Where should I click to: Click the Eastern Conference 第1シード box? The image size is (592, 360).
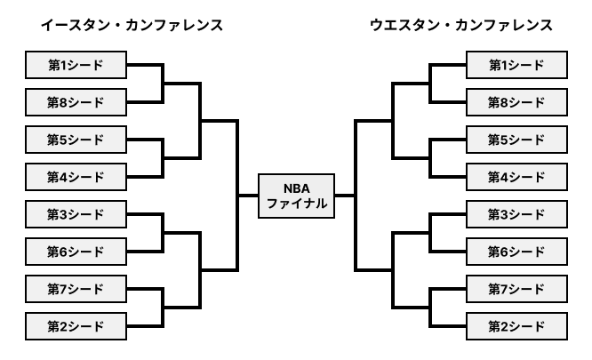pyautogui.click(x=76, y=65)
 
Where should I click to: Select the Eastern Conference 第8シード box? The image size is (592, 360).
pyautogui.click(x=76, y=102)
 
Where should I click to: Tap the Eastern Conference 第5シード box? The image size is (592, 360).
pyautogui.click(x=76, y=140)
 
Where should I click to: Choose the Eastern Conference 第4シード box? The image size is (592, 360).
pyautogui.click(x=76, y=177)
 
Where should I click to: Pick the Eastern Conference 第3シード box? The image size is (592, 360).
pyautogui.click(x=76, y=214)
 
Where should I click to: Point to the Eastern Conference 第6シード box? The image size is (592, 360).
pyautogui.click(x=76, y=252)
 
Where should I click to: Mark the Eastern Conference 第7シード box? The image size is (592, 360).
pyautogui.click(x=76, y=289)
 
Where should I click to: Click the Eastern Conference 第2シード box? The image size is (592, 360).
pyautogui.click(x=76, y=326)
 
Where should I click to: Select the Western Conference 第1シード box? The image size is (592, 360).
pyautogui.click(x=516, y=65)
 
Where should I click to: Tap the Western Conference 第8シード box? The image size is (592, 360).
pyautogui.click(x=516, y=102)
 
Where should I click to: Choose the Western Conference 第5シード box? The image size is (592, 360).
pyautogui.click(x=516, y=140)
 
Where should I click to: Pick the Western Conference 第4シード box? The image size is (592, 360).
pyautogui.click(x=516, y=177)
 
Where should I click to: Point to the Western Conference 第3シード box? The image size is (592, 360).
pyautogui.click(x=516, y=214)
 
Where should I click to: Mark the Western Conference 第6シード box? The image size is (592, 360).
pyautogui.click(x=516, y=252)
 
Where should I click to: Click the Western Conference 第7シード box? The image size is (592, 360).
pyautogui.click(x=516, y=289)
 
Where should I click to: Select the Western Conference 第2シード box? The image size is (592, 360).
pyautogui.click(x=516, y=326)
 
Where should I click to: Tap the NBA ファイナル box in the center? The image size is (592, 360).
pyautogui.click(x=297, y=196)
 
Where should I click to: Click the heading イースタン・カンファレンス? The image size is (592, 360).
pyautogui.click(x=131, y=25)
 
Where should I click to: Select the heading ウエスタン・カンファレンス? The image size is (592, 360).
pyautogui.click(x=460, y=25)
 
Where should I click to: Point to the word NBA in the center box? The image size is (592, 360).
pyautogui.click(x=297, y=188)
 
